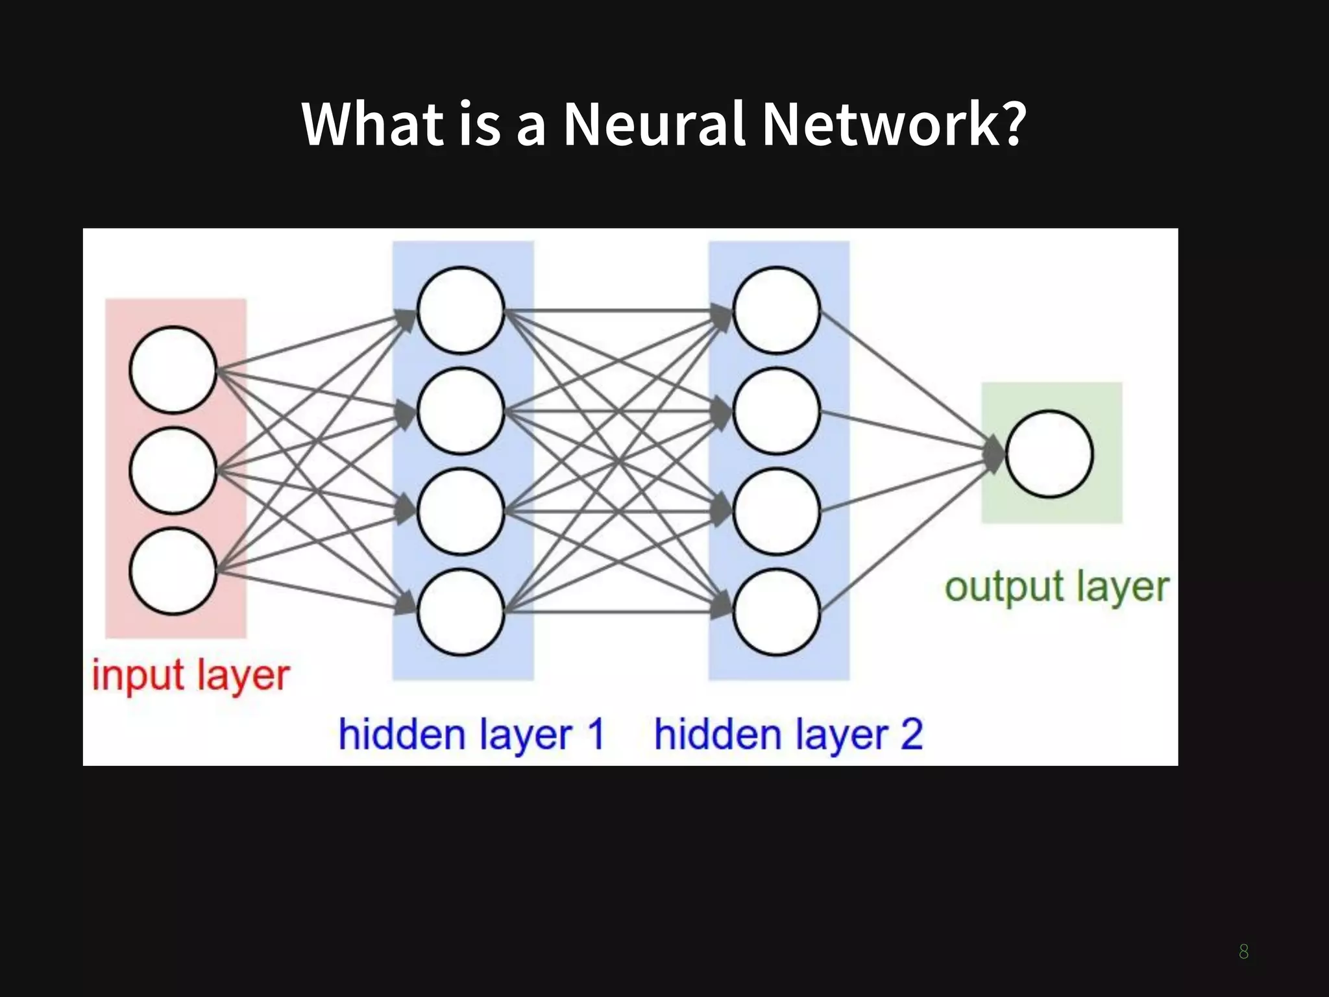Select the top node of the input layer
(x=173, y=370)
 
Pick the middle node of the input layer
(x=173, y=471)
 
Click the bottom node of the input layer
(x=173, y=571)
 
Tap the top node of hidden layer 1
(x=461, y=310)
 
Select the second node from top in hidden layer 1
(x=461, y=411)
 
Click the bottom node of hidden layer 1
(x=461, y=612)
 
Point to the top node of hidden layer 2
(x=776, y=310)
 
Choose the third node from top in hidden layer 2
(x=776, y=511)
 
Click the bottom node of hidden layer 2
(x=776, y=612)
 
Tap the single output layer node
(x=1049, y=454)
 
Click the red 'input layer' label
(x=190, y=676)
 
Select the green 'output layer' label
(x=1056, y=587)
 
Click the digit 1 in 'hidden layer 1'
(x=594, y=734)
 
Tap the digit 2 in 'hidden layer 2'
(x=911, y=734)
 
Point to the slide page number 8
(x=1243, y=952)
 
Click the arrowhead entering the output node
(x=994, y=454)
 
